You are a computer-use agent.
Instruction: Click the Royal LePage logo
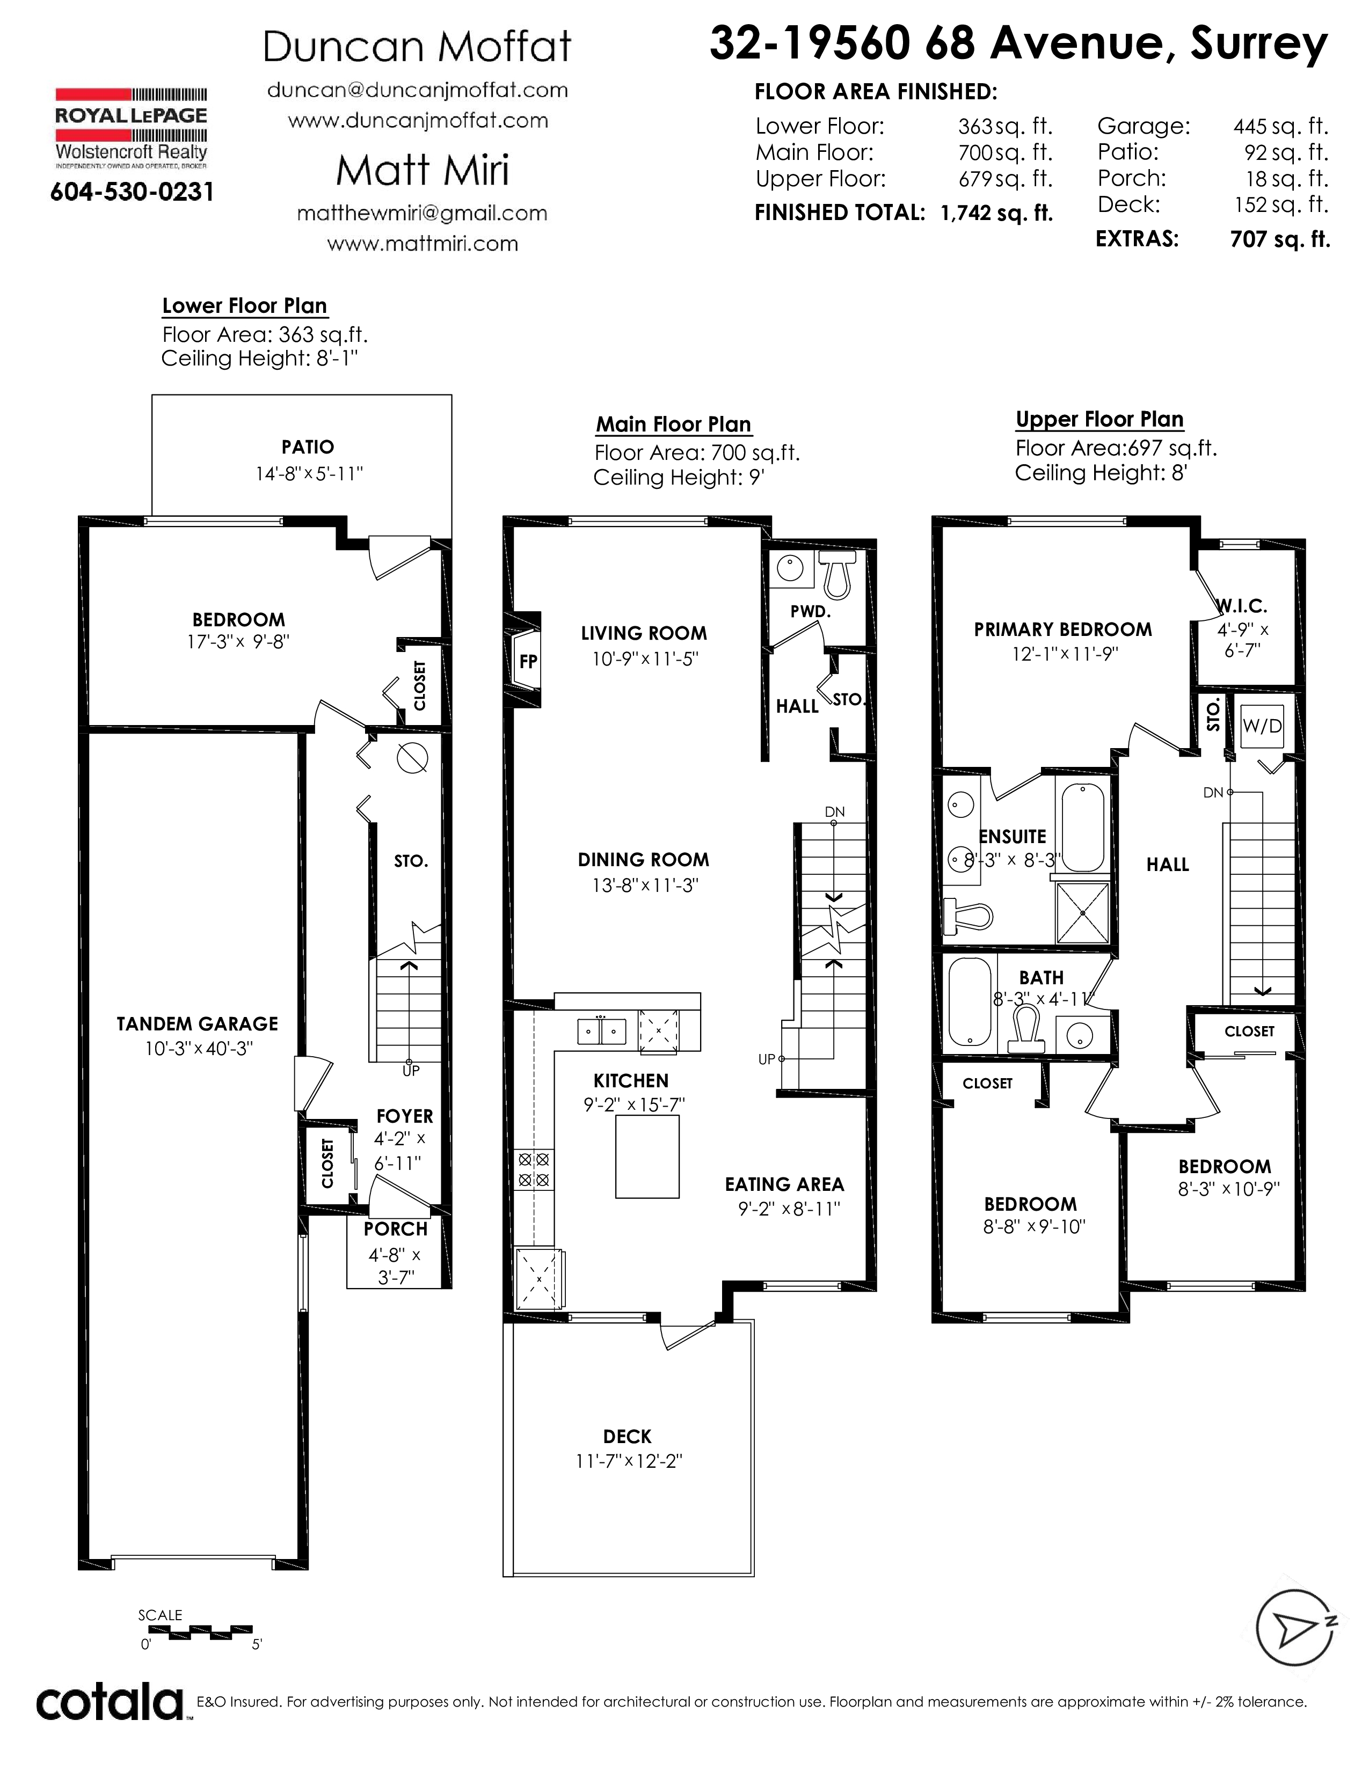[130, 127]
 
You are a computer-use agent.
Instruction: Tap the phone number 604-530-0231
[132, 192]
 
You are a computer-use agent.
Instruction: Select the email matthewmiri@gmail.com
[422, 213]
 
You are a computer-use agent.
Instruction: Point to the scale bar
[195, 1629]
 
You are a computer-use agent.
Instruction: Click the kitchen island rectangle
[647, 1157]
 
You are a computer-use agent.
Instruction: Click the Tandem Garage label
[197, 1024]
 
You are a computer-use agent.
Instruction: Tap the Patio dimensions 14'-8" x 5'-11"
[309, 473]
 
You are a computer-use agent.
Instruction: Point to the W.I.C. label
[1242, 606]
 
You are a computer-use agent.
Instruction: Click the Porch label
[396, 1230]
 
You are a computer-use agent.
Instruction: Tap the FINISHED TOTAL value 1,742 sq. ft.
[997, 213]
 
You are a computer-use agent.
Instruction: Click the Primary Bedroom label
[1062, 630]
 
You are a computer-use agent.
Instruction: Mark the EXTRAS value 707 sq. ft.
[1280, 239]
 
